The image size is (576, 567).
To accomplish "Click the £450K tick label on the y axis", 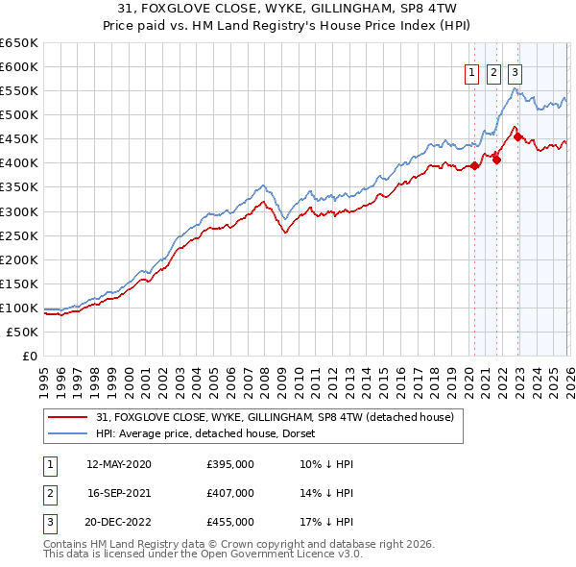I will (x=19, y=138).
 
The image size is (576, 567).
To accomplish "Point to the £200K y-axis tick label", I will (x=19, y=259).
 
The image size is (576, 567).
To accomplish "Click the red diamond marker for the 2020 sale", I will (x=474, y=165).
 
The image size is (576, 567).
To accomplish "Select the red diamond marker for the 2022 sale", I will (x=518, y=136).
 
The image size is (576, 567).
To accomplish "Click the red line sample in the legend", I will (x=70, y=416).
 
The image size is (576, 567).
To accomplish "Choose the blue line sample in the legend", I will (x=70, y=433).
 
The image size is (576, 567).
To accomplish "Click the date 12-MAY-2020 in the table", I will (x=118, y=464).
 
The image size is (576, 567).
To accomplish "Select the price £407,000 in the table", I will (x=229, y=493).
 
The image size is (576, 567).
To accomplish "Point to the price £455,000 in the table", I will (x=229, y=522).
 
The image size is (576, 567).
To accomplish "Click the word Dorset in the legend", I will (x=312, y=433).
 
